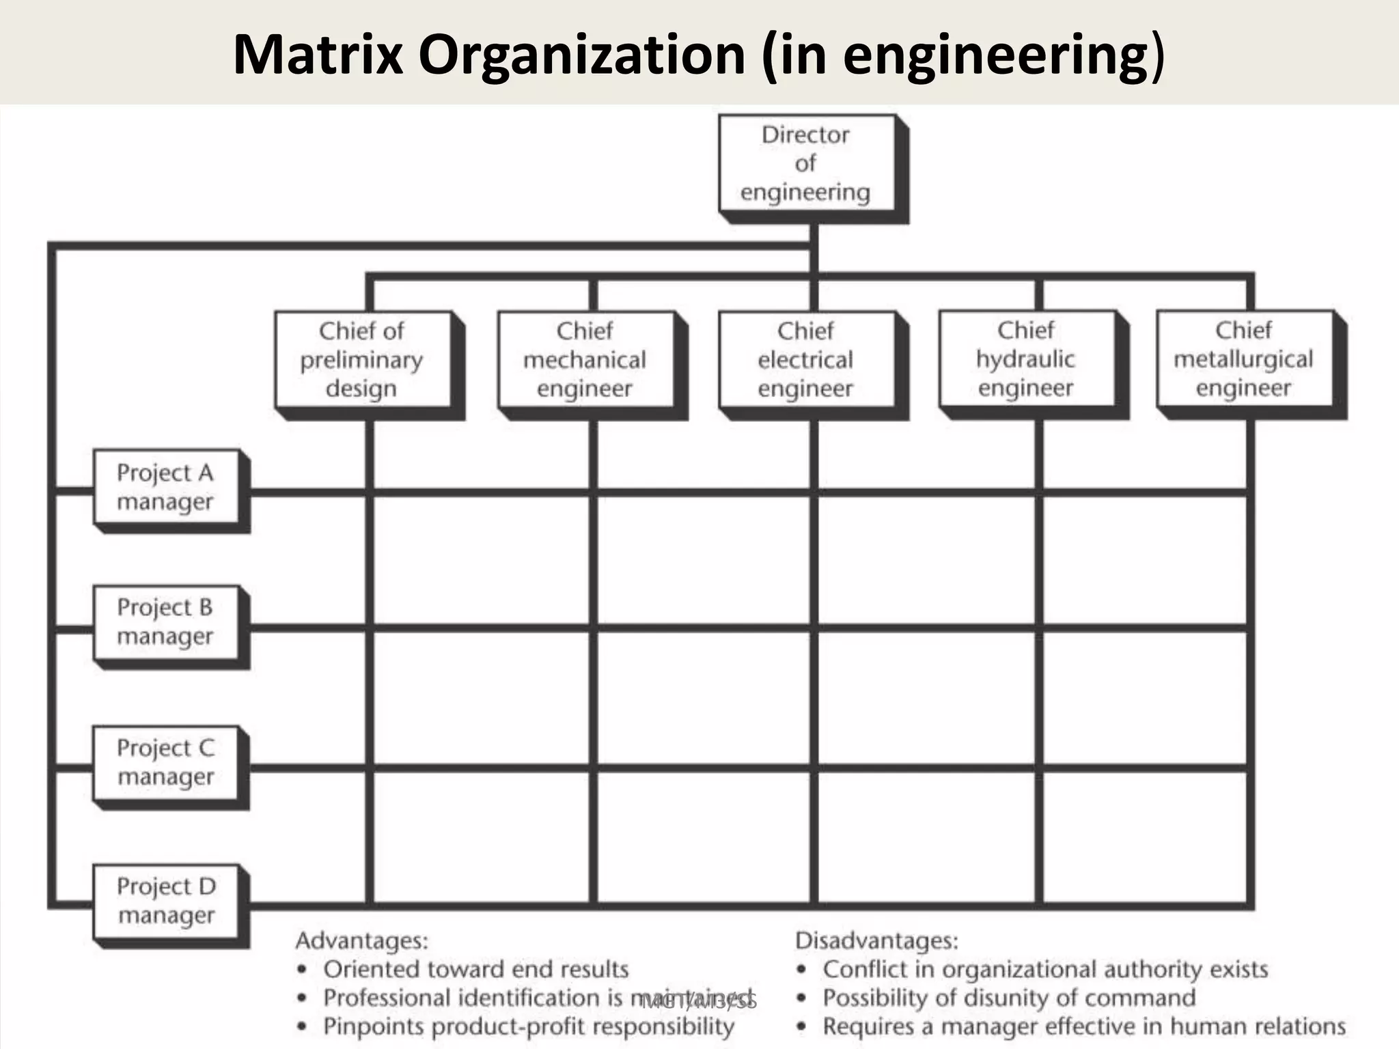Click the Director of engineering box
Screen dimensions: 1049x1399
click(x=806, y=164)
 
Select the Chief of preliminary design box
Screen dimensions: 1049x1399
click(x=362, y=360)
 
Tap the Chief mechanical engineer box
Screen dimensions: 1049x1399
click(x=585, y=360)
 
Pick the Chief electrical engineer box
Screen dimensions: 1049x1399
click(x=806, y=360)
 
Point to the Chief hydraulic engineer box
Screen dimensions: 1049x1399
click(x=1026, y=359)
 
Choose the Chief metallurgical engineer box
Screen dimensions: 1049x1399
click(x=1244, y=359)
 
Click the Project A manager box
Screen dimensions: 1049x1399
click(x=166, y=487)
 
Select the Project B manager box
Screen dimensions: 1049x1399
click(x=166, y=622)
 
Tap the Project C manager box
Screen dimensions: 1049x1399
click(x=166, y=762)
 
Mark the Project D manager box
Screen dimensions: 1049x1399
click(x=166, y=901)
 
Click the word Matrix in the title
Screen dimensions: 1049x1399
click(x=318, y=55)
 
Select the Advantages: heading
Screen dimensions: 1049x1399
click(x=362, y=941)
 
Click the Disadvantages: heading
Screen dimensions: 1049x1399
click(x=877, y=941)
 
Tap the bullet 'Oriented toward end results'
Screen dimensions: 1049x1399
click(x=475, y=969)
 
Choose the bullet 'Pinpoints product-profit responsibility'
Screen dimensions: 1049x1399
click(x=529, y=1026)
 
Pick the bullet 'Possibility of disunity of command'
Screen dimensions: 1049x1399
click(x=1009, y=998)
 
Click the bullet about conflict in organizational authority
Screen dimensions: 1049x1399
click(x=1045, y=969)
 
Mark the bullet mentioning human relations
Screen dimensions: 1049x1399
click(x=1084, y=1026)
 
